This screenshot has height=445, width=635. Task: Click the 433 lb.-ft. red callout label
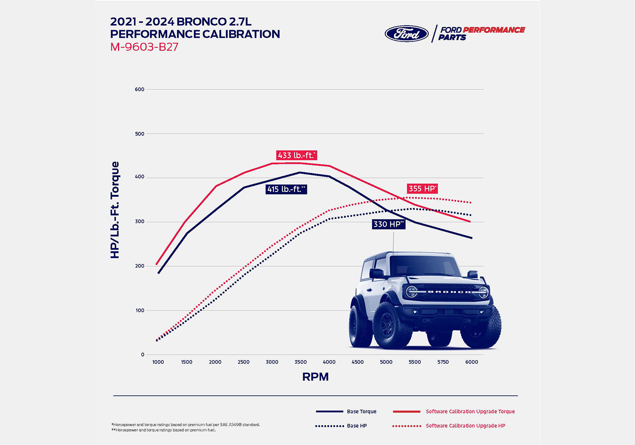pyautogui.click(x=297, y=155)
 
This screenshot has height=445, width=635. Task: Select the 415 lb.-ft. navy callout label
pyautogui.click(x=286, y=189)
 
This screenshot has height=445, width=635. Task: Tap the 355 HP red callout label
pyautogui.click(x=422, y=189)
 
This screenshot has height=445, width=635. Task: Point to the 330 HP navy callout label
pyautogui.click(x=389, y=224)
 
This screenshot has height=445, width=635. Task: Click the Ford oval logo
pyautogui.click(x=407, y=33)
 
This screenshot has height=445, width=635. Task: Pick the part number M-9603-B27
pyautogui.click(x=144, y=47)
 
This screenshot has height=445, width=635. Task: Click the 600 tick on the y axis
pyautogui.click(x=140, y=89)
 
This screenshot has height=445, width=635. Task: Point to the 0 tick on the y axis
pyautogui.click(x=143, y=355)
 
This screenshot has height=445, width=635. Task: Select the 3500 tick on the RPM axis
pyautogui.click(x=301, y=362)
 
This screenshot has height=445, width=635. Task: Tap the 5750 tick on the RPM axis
pyautogui.click(x=443, y=362)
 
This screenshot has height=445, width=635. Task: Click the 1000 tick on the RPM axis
pyautogui.click(x=158, y=362)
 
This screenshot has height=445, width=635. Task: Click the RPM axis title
pyautogui.click(x=315, y=377)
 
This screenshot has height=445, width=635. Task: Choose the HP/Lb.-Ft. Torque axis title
pyautogui.click(x=115, y=210)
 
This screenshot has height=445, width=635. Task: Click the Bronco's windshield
pyautogui.click(x=425, y=266)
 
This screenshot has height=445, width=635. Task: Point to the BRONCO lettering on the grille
pyautogui.click(x=449, y=292)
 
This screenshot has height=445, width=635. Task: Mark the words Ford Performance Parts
pyautogui.click(x=482, y=33)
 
